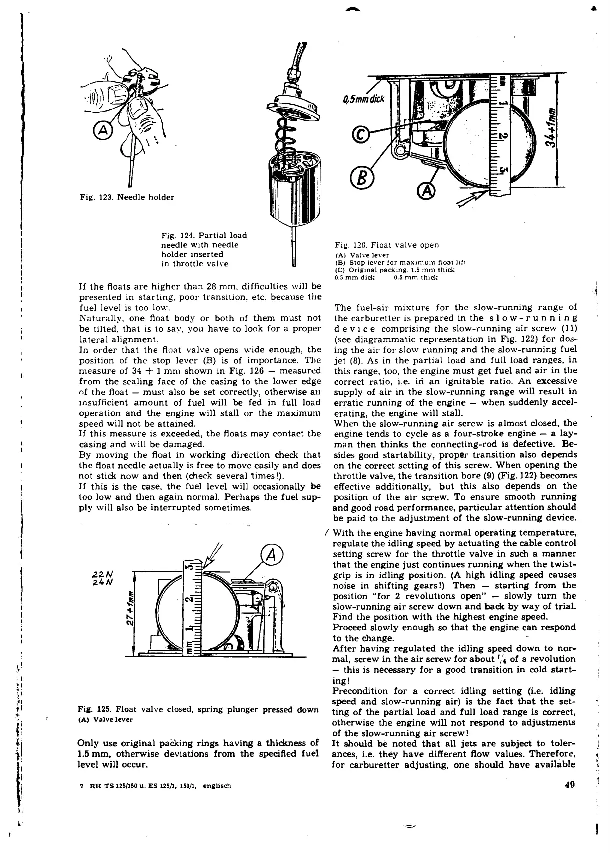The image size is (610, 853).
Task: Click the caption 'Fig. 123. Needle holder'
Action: click(x=127, y=197)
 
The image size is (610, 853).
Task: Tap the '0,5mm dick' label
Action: click(x=363, y=98)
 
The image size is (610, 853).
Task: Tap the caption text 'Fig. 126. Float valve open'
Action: click(x=387, y=245)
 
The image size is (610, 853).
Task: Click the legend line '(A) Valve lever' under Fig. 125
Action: click(x=105, y=720)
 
